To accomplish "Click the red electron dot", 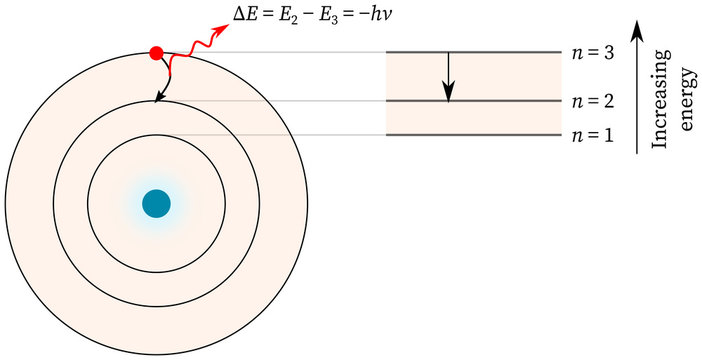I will pyautogui.click(x=156, y=52).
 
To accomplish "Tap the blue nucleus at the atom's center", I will pyautogui.click(x=156, y=203).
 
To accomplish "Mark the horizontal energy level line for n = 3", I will pyautogui.click(x=473, y=52).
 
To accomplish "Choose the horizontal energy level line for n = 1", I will pyautogui.click(x=473, y=135).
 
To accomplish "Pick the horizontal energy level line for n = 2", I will pyautogui.click(x=473, y=101).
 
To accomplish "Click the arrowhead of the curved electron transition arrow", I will pyautogui.click(x=156, y=98).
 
